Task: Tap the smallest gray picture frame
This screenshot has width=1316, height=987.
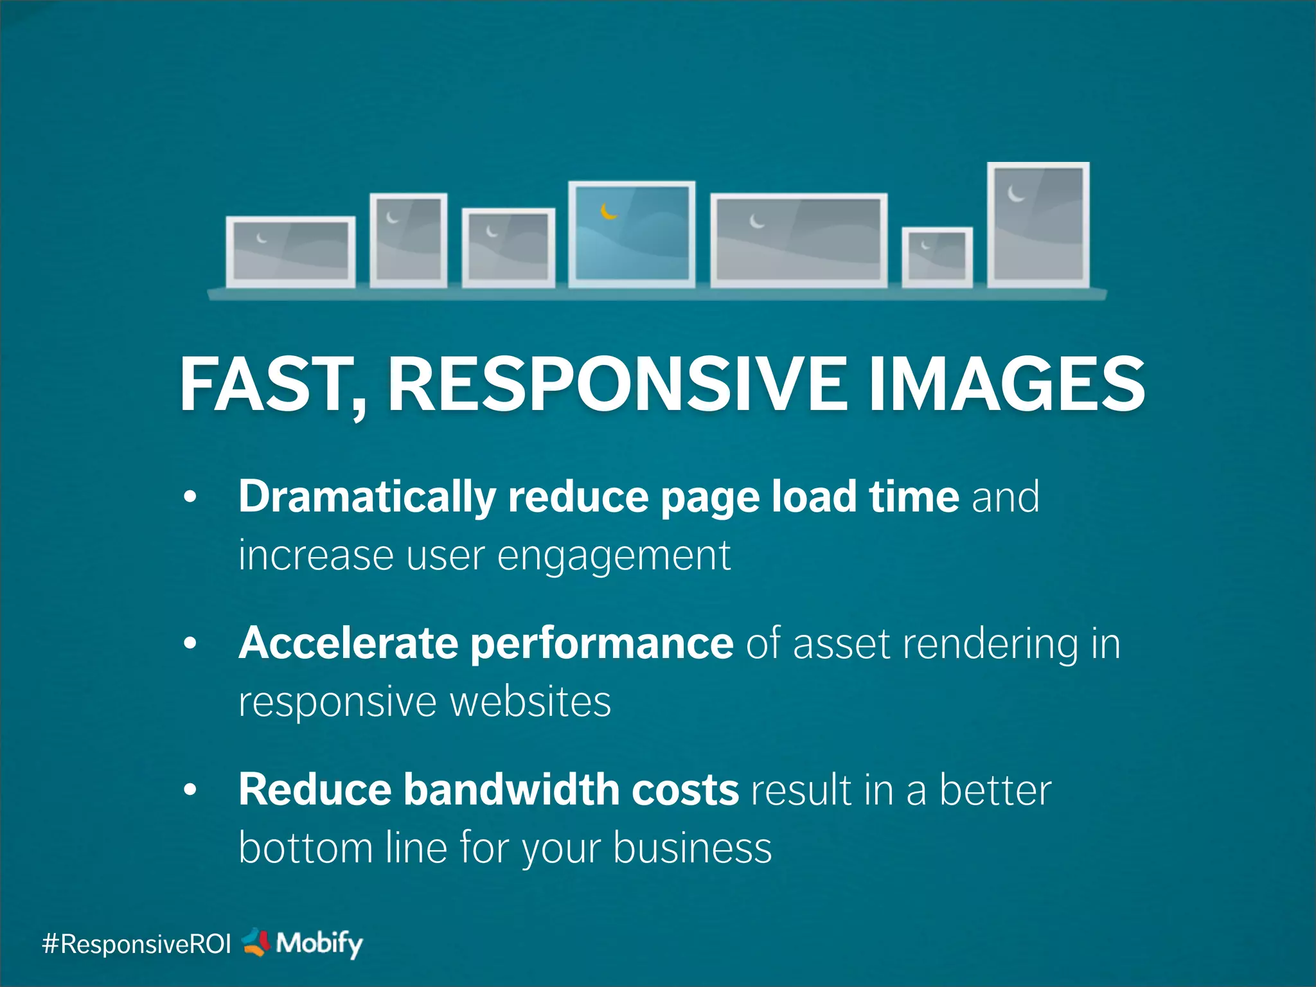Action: coord(937,256)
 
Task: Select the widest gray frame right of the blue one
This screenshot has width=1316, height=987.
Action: coord(799,239)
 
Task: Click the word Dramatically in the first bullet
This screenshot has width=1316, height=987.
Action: coord(367,497)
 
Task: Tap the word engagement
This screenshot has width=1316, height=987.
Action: coord(614,555)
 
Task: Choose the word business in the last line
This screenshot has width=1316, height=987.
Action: coord(692,848)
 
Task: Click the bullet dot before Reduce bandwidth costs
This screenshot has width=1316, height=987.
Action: coord(190,790)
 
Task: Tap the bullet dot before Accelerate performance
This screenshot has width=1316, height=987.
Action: coord(190,643)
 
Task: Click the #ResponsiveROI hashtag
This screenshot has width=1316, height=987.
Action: coord(136,944)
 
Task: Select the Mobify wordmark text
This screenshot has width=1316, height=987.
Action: coord(319,943)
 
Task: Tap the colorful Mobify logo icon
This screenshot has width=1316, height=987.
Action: coord(256,942)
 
